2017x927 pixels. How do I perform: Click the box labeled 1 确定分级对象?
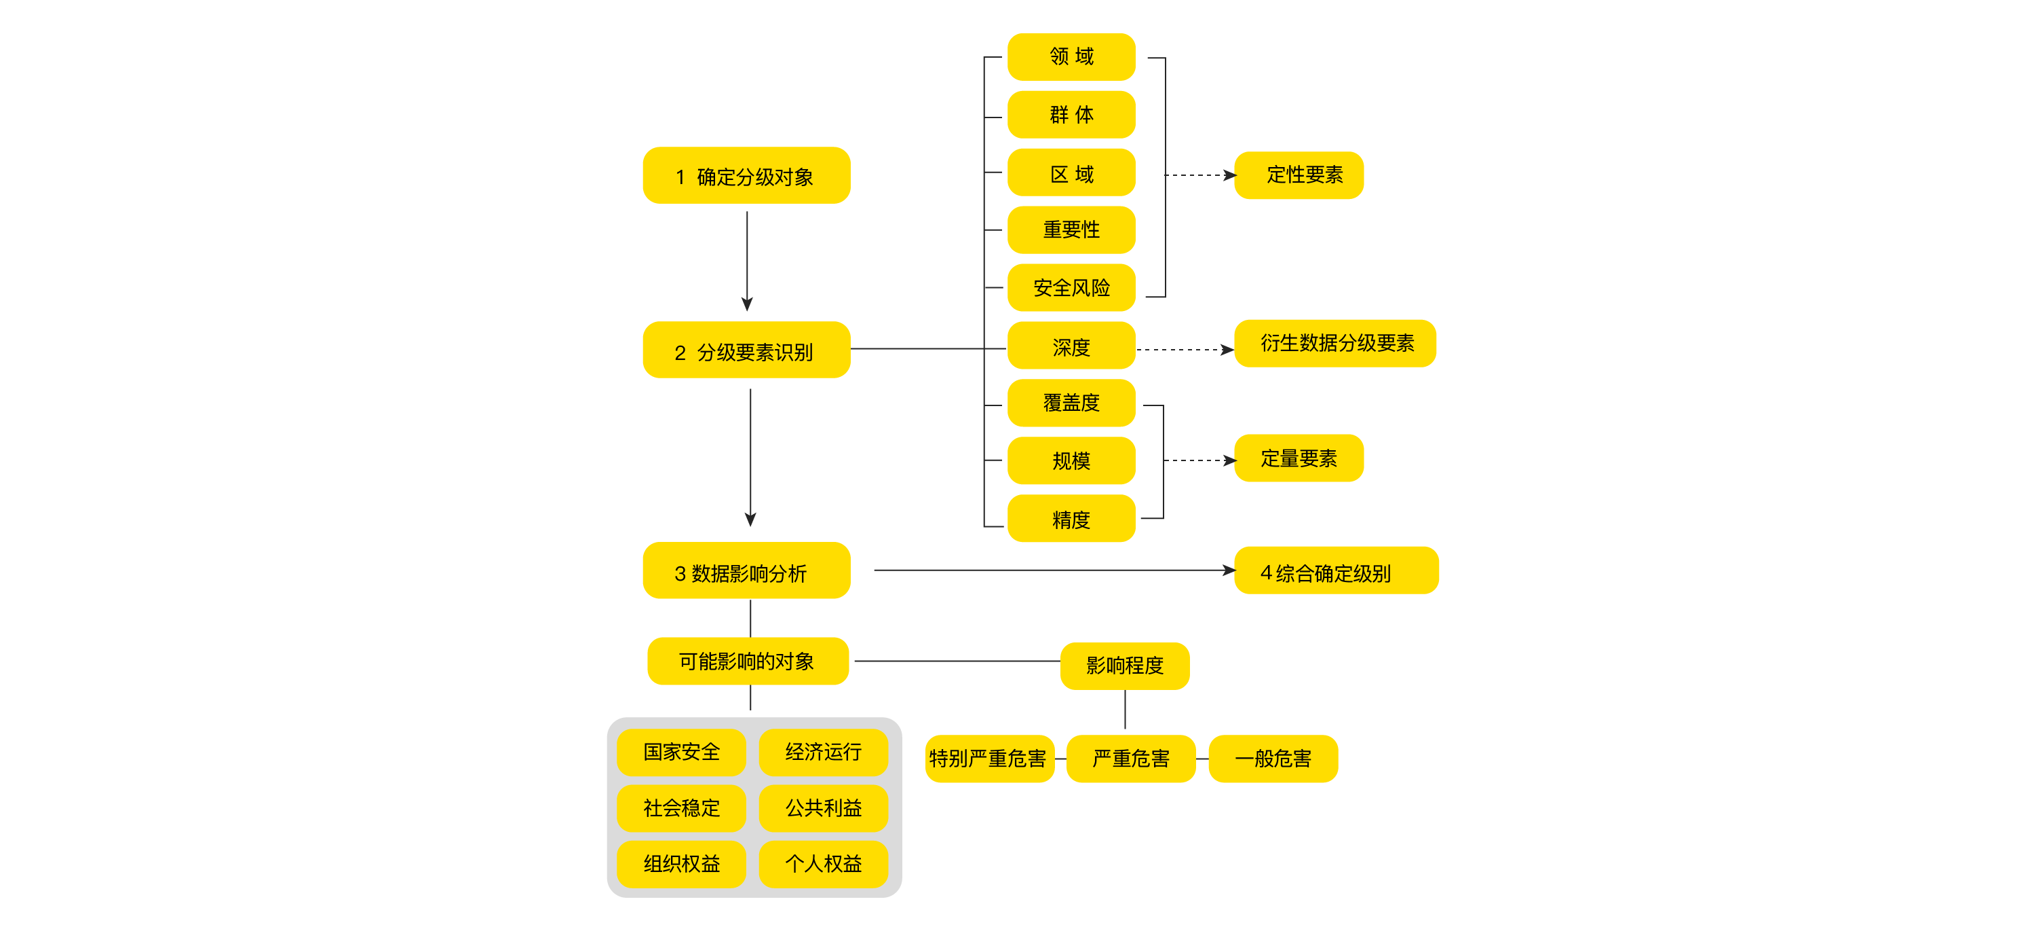point(746,175)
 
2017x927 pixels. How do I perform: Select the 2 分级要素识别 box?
point(746,350)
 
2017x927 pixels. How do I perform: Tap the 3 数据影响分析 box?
point(746,571)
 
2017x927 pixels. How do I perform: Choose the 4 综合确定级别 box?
point(1335,571)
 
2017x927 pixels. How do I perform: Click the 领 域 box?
point(1071,57)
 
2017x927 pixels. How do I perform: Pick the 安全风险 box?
point(1071,287)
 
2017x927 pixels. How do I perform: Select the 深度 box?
point(1071,346)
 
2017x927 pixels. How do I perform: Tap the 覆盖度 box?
point(1071,403)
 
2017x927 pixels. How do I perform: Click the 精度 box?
point(1071,519)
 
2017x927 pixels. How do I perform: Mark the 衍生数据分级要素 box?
point(1335,343)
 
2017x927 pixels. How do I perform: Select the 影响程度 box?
point(1124,666)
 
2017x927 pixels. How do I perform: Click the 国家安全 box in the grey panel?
point(681,752)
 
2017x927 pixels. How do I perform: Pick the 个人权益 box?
point(823,864)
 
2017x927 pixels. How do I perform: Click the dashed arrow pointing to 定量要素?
point(1198,460)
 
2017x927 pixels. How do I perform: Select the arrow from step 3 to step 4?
point(1050,570)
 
